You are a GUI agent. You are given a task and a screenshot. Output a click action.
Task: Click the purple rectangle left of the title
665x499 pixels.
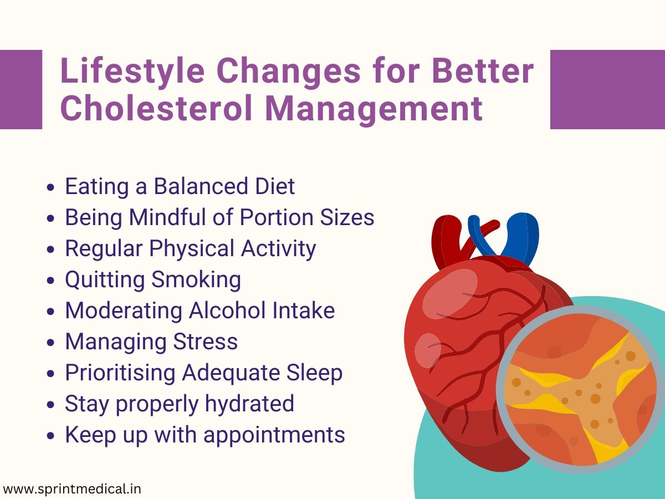(x=21, y=89)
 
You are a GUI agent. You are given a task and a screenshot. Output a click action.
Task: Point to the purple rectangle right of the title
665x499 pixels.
(x=607, y=89)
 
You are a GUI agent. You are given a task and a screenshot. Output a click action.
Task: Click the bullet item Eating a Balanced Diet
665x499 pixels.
(x=180, y=186)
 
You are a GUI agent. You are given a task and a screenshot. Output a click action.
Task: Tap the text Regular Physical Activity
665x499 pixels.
(x=190, y=248)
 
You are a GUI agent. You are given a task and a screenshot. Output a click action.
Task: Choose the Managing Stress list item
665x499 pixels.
(x=151, y=342)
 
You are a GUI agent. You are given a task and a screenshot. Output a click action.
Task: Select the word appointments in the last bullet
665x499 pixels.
(x=274, y=435)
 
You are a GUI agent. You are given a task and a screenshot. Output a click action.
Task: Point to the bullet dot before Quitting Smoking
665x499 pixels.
(x=52, y=281)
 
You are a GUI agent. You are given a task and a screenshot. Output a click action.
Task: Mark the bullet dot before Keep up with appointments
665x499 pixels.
(x=52, y=436)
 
